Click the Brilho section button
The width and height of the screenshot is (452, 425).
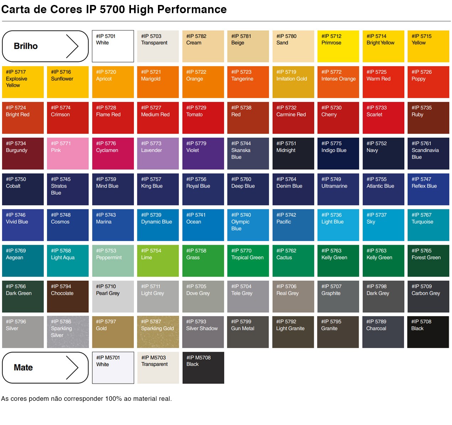click(x=45, y=46)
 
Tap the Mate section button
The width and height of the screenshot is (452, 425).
click(x=45, y=367)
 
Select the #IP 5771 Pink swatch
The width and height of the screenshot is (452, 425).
click(x=68, y=154)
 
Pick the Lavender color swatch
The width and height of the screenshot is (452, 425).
click(x=158, y=154)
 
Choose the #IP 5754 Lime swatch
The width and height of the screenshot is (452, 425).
click(x=158, y=261)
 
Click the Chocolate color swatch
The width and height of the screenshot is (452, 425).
click(x=68, y=297)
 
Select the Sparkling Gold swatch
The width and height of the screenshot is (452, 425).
click(x=158, y=332)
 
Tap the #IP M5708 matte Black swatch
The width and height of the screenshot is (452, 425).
click(x=203, y=368)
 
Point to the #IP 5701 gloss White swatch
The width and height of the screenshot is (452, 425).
click(x=113, y=46)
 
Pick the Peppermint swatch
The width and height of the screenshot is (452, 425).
click(x=113, y=261)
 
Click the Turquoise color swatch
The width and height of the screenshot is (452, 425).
click(x=428, y=225)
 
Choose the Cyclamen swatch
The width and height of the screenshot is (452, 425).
click(x=113, y=154)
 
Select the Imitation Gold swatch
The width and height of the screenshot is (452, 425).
click(x=293, y=82)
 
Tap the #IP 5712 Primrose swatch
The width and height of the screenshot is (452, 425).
click(x=338, y=46)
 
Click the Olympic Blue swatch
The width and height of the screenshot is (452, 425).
click(x=248, y=225)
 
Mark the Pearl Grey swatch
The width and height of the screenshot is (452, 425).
click(x=113, y=297)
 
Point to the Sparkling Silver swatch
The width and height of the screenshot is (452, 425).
click(x=68, y=332)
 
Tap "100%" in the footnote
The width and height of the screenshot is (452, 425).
click(x=114, y=399)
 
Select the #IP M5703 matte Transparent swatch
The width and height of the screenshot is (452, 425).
click(x=158, y=368)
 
